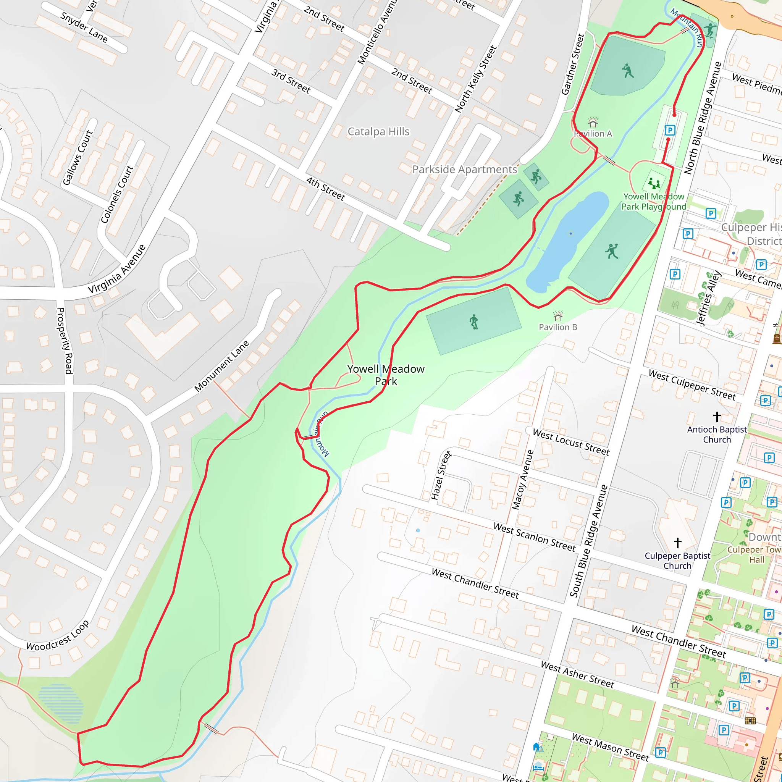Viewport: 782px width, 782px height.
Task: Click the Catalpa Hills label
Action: [378, 132]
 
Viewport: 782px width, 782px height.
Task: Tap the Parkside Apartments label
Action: [465, 169]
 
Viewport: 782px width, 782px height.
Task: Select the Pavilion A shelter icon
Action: [593, 122]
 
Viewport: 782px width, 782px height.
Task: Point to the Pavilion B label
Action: [558, 327]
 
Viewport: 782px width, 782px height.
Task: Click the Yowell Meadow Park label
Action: [386, 375]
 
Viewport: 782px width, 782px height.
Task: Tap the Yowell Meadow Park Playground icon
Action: [654, 183]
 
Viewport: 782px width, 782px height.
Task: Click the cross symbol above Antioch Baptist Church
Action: [717, 417]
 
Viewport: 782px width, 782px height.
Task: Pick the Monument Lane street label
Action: [221, 366]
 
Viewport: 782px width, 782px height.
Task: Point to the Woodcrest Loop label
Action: [58, 636]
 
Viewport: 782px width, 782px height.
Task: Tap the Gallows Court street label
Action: [78, 157]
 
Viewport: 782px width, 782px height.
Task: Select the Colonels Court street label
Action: [117, 194]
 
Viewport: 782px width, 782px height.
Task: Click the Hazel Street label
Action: [441, 476]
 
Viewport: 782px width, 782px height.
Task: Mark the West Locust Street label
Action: [571, 442]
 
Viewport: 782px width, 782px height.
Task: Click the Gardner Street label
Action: [573, 65]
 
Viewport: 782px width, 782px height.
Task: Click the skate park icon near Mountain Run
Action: [709, 29]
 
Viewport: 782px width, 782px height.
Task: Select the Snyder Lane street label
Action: [84, 27]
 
